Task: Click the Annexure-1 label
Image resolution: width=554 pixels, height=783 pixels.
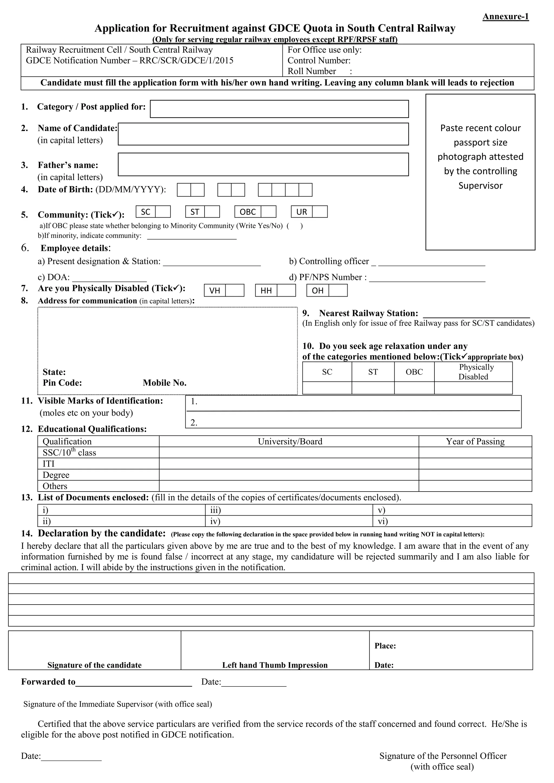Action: (505, 16)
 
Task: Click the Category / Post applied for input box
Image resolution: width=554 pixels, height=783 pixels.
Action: (279, 109)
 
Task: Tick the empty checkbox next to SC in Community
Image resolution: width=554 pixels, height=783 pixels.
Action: (163, 212)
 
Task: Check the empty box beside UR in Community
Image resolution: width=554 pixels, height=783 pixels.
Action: (320, 212)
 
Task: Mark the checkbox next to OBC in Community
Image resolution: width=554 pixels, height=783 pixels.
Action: (268, 212)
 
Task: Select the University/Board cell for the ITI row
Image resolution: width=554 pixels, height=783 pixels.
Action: (289, 463)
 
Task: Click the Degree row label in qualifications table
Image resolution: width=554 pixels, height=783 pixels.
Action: (56, 475)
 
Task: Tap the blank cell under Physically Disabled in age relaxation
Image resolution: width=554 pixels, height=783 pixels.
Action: (473, 388)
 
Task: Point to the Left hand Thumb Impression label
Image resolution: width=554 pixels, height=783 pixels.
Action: (275, 665)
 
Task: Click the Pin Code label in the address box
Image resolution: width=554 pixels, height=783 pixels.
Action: (62, 383)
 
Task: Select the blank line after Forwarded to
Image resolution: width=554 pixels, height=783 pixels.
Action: (133, 682)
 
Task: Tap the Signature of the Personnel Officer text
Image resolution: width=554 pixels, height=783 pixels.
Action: (443, 756)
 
